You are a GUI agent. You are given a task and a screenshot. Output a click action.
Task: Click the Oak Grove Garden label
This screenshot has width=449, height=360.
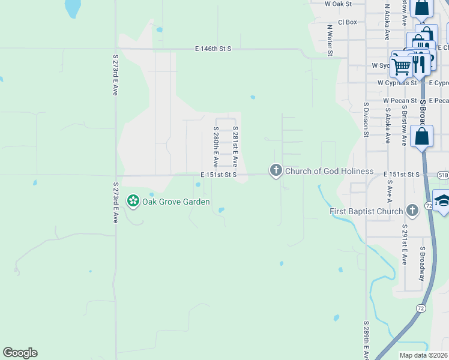pos(175,202)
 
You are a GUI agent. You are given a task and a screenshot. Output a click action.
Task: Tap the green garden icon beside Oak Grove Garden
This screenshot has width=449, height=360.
pos(133,202)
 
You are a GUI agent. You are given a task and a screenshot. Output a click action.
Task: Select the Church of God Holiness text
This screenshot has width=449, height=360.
pos(329,172)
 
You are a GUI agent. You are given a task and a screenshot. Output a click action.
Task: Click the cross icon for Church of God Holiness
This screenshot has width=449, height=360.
pos(276,171)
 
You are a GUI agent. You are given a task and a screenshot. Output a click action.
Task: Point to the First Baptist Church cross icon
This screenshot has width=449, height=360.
pos(412,211)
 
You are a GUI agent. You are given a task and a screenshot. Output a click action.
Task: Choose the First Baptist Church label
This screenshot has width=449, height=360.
pos(366,211)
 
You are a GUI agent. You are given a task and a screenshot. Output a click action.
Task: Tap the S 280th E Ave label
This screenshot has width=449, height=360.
pos(215,147)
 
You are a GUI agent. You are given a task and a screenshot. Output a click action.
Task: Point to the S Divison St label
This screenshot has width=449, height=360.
pos(365,119)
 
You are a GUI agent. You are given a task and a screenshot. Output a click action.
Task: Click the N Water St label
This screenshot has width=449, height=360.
pos(330,41)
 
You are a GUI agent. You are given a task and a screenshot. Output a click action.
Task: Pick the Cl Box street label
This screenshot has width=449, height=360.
pos(348,22)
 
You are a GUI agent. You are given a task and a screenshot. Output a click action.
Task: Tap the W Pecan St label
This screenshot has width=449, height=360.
pos(400,100)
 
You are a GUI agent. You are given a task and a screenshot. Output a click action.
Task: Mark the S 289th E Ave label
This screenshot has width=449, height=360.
pos(366,340)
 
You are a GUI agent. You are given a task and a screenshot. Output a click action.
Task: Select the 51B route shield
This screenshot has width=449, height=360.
pos(442,174)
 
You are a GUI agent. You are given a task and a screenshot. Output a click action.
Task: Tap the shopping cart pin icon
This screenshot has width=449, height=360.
pos(401,65)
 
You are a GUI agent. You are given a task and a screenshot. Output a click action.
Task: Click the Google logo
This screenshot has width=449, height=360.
pos(20,353)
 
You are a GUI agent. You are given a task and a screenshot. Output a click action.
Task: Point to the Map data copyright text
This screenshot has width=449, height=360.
pos(424,355)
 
